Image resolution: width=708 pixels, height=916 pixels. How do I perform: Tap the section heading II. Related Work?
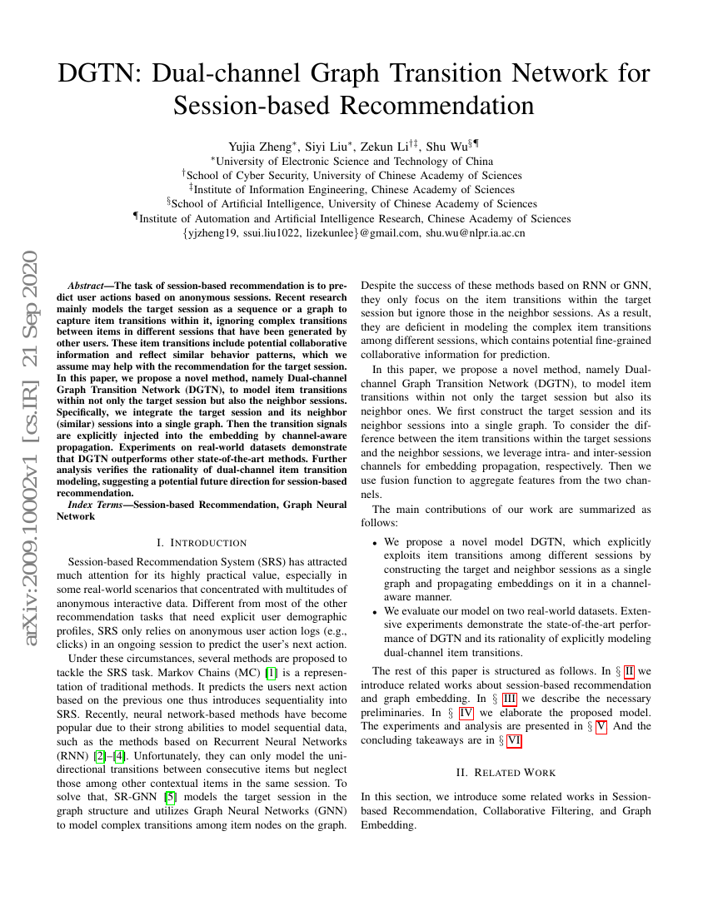point(506,772)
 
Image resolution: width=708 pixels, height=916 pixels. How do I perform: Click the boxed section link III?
point(509,699)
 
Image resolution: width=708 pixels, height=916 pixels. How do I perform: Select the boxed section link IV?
point(466,713)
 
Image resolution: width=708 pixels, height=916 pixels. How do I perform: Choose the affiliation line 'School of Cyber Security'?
point(353,176)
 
